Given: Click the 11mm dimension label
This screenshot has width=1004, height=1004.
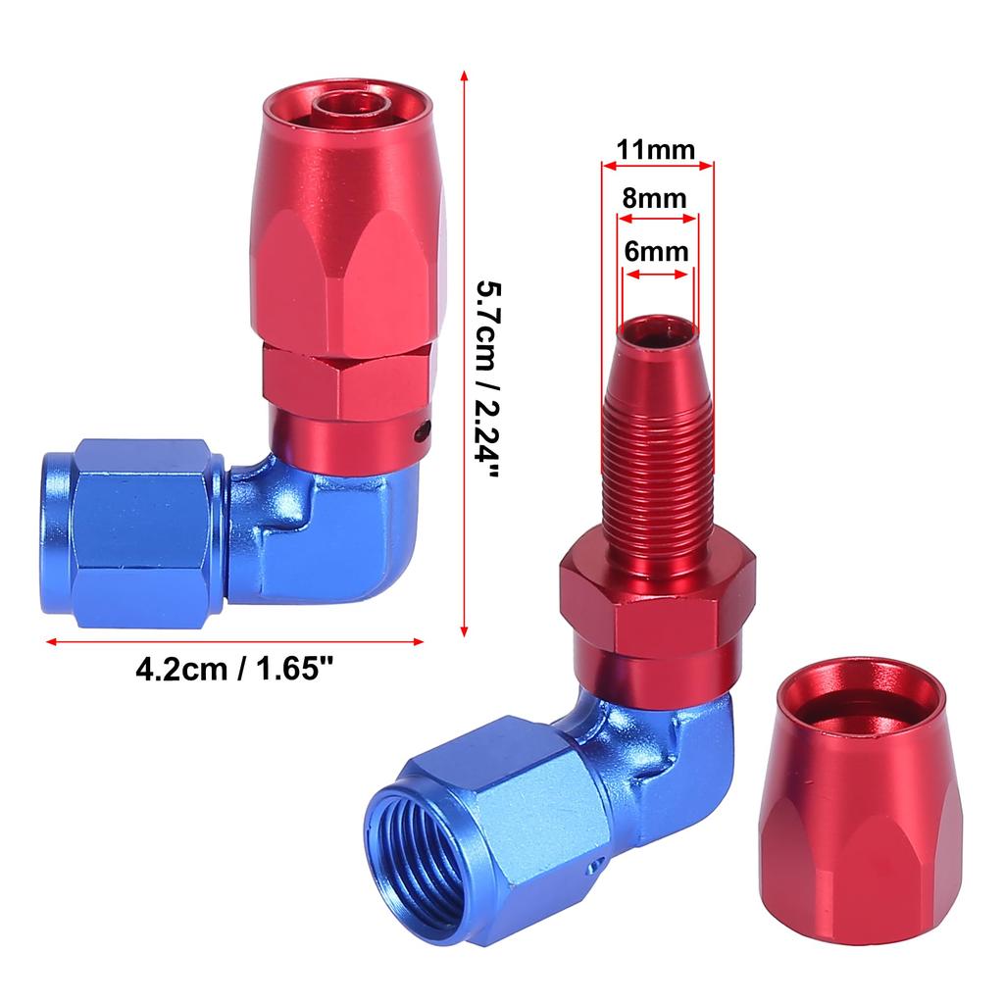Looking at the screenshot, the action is (x=656, y=150).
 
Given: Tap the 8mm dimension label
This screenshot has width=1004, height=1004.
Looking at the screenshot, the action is (x=654, y=198).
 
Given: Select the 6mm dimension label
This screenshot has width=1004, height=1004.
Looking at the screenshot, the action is (x=656, y=252).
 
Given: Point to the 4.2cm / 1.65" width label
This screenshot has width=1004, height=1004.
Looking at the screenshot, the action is (x=234, y=670).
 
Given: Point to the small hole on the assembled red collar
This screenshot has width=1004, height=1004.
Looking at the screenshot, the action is (x=420, y=433).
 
